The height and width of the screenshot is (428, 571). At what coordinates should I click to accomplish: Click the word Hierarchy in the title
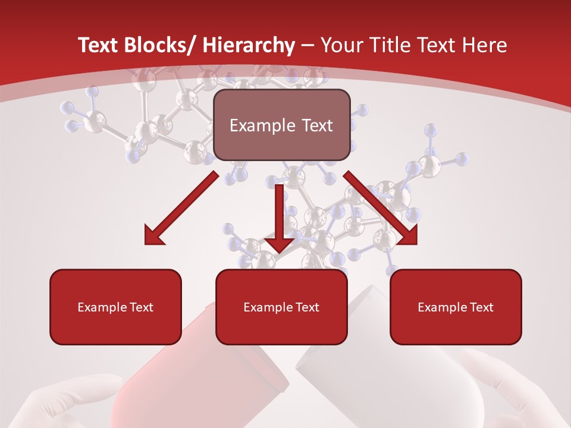[249, 45]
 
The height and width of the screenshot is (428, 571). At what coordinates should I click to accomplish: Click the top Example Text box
[281, 125]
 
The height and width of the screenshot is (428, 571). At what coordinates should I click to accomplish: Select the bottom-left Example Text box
[115, 307]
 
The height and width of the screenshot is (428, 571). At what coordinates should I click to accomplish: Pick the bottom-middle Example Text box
[281, 307]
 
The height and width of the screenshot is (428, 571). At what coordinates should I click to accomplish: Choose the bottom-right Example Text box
[456, 307]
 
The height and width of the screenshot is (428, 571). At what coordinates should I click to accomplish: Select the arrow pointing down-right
[381, 208]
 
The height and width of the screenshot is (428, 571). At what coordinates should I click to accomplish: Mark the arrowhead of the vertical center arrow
[279, 244]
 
